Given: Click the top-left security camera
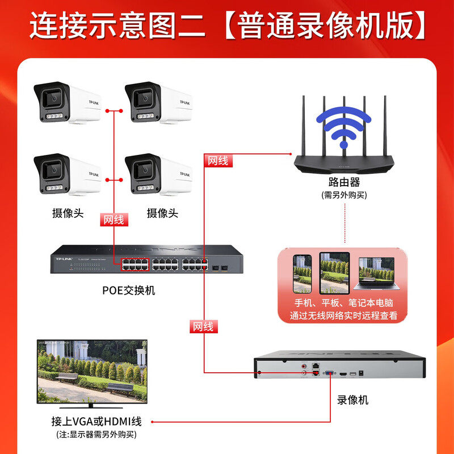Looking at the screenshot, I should click(67, 103).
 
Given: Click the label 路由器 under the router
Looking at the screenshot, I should click(344, 182).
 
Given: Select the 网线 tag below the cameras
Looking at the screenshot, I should click(113, 220).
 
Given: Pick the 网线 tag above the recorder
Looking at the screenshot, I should click(203, 326).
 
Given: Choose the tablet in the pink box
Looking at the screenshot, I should click(334, 272).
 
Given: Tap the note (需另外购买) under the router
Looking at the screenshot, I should click(344, 195).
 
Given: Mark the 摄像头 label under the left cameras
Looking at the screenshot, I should click(68, 213).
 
